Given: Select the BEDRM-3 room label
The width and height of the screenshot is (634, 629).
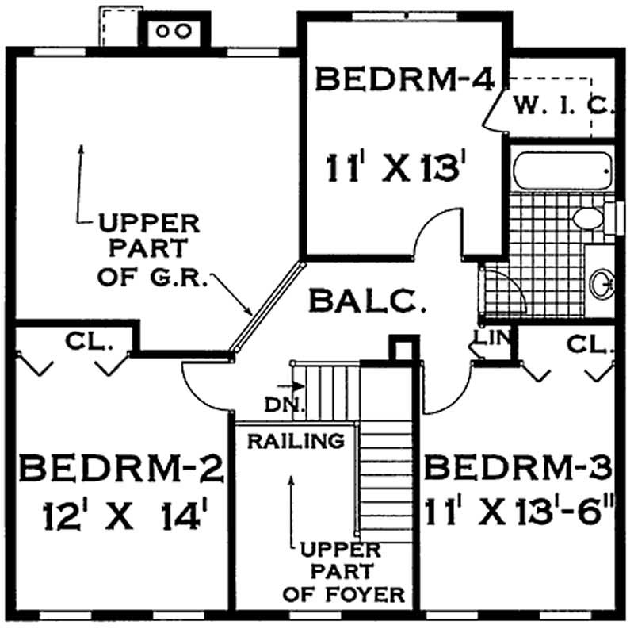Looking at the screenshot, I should (x=519, y=468).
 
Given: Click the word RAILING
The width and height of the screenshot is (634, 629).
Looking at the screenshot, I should (x=296, y=440).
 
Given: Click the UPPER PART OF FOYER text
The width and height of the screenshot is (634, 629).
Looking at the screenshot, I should (x=351, y=571).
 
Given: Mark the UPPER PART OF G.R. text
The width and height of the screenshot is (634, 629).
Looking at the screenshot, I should (x=148, y=248).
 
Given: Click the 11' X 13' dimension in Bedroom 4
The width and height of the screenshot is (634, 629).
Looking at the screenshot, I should (x=393, y=167).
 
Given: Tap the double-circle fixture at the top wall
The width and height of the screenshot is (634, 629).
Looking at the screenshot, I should (x=174, y=31).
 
